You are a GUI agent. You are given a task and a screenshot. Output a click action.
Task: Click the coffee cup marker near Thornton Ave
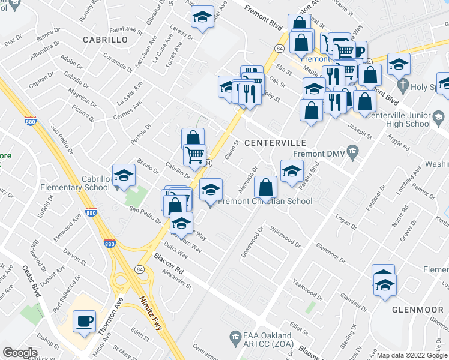84,320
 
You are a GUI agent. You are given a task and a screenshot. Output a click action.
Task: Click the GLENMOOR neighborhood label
416,310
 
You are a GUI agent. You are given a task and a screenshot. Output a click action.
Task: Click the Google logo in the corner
19,352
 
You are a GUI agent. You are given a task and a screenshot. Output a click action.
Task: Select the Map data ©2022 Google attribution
412,355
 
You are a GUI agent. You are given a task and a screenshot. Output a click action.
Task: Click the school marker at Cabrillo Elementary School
124,175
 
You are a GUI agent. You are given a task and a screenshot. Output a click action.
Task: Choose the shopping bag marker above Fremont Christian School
265,187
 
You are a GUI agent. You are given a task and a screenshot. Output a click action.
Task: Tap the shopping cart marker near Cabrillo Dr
194,155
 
